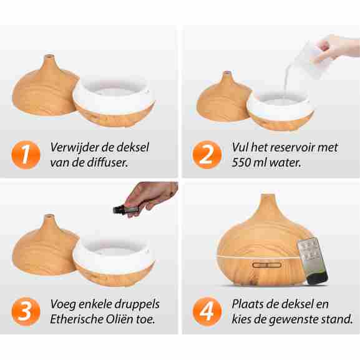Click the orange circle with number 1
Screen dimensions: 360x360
click(x=26, y=155)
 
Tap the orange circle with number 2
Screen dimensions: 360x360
click(x=207, y=155)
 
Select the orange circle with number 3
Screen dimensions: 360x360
click(x=26, y=311)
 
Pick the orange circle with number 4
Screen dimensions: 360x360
click(x=207, y=311)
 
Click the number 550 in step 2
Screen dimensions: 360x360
click(x=241, y=163)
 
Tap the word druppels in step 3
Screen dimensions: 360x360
click(x=137, y=304)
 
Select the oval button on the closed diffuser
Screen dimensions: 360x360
click(x=267, y=265)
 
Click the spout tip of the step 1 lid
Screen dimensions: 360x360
click(x=49, y=56)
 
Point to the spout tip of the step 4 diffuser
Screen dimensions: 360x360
click(x=268, y=195)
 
